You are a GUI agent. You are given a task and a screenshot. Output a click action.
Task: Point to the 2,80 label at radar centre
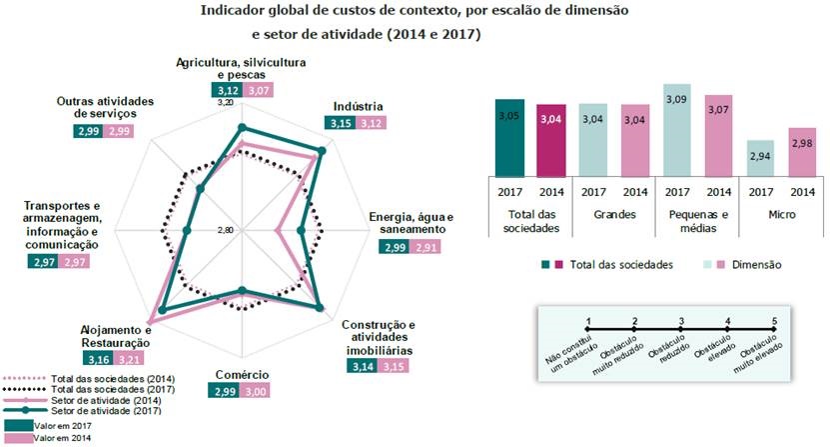(x=225, y=231)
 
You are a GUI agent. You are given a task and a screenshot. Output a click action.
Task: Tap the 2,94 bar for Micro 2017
(x=760, y=157)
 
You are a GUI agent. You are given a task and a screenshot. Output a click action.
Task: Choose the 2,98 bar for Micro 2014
(x=801, y=151)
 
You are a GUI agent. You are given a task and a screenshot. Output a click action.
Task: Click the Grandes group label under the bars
(x=614, y=214)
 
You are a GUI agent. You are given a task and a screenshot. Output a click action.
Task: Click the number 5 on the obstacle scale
(x=775, y=321)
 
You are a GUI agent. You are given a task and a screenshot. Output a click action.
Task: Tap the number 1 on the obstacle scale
(x=589, y=321)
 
